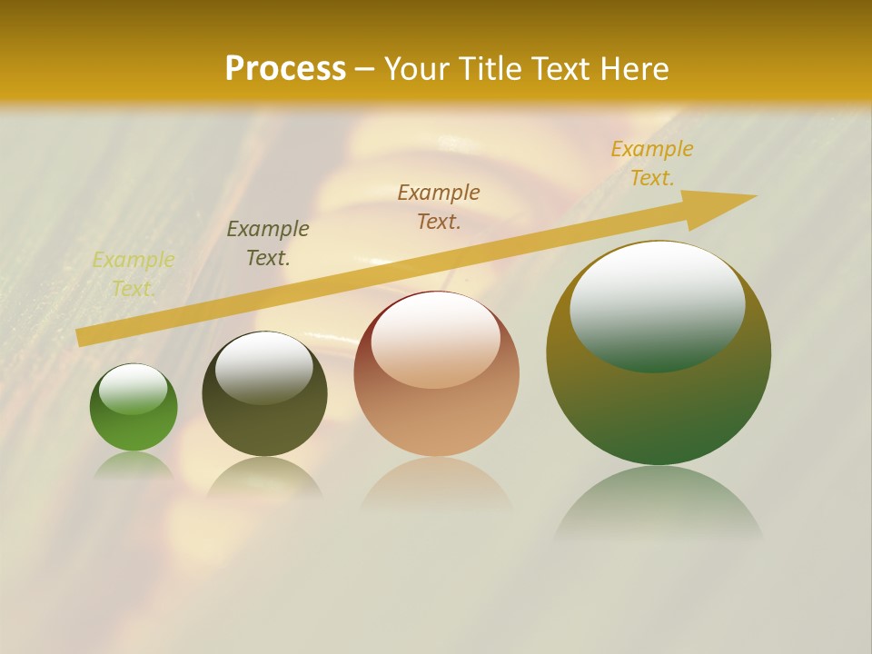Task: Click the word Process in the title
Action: click(x=285, y=69)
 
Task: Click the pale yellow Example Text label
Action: click(x=134, y=274)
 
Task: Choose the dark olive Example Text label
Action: click(x=268, y=243)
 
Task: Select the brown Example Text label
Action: click(x=439, y=207)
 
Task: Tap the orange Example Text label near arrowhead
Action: click(x=651, y=163)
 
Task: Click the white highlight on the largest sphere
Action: click(x=657, y=304)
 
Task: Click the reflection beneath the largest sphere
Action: click(x=659, y=504)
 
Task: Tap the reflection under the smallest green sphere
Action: click(x=134, y=465)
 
